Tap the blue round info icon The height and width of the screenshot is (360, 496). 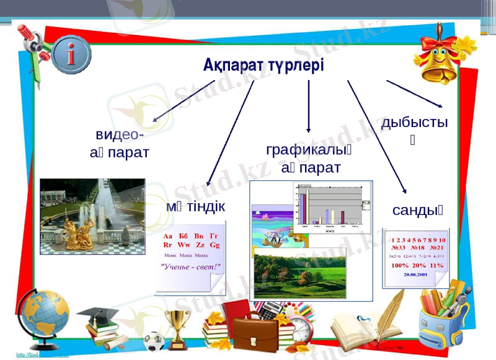[x=71, y=55]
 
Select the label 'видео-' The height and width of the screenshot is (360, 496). [x=120, y=134]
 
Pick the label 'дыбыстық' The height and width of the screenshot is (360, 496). [x=414, y=123]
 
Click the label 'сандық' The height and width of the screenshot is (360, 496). [x=417, y=211]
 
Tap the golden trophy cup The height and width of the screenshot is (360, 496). [x=177, y=327]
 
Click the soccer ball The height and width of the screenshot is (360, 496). [x=153, y=341]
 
